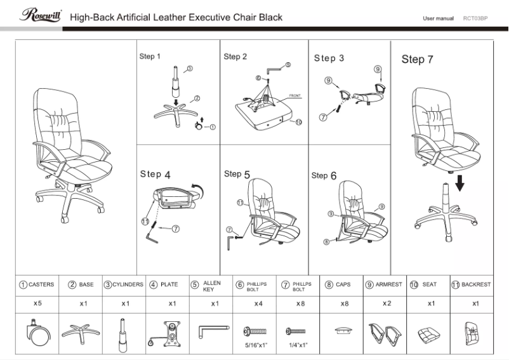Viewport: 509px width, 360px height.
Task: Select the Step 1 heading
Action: (x=150, y=57)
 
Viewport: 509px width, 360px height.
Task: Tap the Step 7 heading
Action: (x=417, y=60)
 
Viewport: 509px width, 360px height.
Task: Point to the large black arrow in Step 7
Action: (x=460, y=182)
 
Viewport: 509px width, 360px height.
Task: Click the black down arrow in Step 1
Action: (x=176, y=102)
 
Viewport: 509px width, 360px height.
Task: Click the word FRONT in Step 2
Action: (x=294, y=95)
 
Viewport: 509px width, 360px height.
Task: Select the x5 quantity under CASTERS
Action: (x=37, y=303)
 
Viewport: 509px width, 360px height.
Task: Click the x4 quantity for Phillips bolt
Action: (x=258, y=304)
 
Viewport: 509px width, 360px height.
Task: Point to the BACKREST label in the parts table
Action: (x=476, y=285)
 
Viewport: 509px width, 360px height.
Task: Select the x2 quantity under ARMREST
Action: (x=387, y=304)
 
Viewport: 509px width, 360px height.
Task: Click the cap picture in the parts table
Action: (x=343, y=331)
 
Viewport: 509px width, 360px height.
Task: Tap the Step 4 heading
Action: (x=155, y=174)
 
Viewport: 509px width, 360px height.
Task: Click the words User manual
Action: (x=438, y=18)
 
